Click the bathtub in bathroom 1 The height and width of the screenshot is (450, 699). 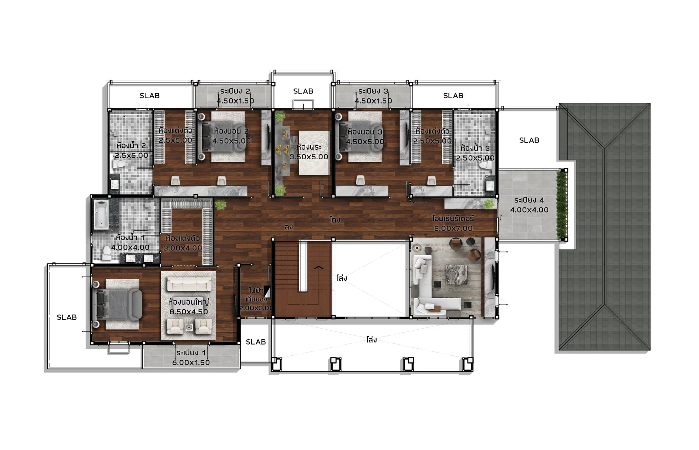(x=101, y=214)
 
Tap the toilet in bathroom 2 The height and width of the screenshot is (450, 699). (x=119, y=165)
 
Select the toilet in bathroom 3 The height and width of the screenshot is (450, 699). (x=484, y=165)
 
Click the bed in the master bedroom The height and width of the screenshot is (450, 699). (x=117, y=304)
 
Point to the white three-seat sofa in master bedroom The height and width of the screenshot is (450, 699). (x=189, y=284)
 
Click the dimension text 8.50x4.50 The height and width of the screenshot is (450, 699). (x=189, y=312)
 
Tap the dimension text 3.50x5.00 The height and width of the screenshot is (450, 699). (x=309, y=157)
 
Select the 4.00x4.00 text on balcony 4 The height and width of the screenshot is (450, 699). (x=529, y=210)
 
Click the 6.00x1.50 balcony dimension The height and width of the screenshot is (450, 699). (x=191, y=362)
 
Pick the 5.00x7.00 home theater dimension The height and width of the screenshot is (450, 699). (x=453, y=228)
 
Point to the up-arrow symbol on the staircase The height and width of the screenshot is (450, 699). (x=318, y=267)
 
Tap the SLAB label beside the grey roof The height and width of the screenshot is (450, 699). (x=529, y=140)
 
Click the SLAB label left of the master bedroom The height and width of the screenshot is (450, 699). (x=67, y=317)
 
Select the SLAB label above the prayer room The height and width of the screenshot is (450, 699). (x=303, y=91)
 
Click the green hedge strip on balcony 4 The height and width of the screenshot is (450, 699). (x=562, y=205)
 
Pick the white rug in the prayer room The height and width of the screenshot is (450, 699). (x=314, y=153)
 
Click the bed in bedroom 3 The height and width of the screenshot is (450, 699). (x=361, y=136)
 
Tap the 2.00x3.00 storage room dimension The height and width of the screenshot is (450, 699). (x=256, y=308)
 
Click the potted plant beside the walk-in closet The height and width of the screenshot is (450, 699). (x=220, y=205)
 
